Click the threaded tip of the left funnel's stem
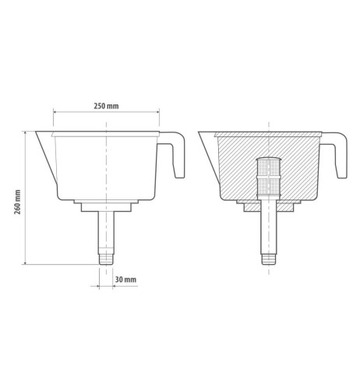105,257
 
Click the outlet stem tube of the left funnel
105,230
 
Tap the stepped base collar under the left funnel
105,206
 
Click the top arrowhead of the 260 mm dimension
26,132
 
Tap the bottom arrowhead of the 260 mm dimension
26,262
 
